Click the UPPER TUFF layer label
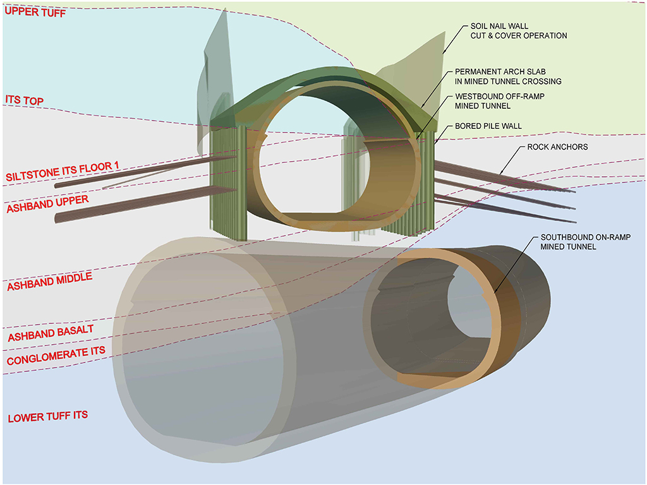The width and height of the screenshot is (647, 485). click(35, 12)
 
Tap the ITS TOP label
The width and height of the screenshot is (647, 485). click(25, 99)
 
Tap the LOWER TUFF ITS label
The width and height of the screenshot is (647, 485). click(47, 416)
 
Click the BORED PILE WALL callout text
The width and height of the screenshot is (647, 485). click(488, 126)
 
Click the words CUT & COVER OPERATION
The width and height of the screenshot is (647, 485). click(518, 35)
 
